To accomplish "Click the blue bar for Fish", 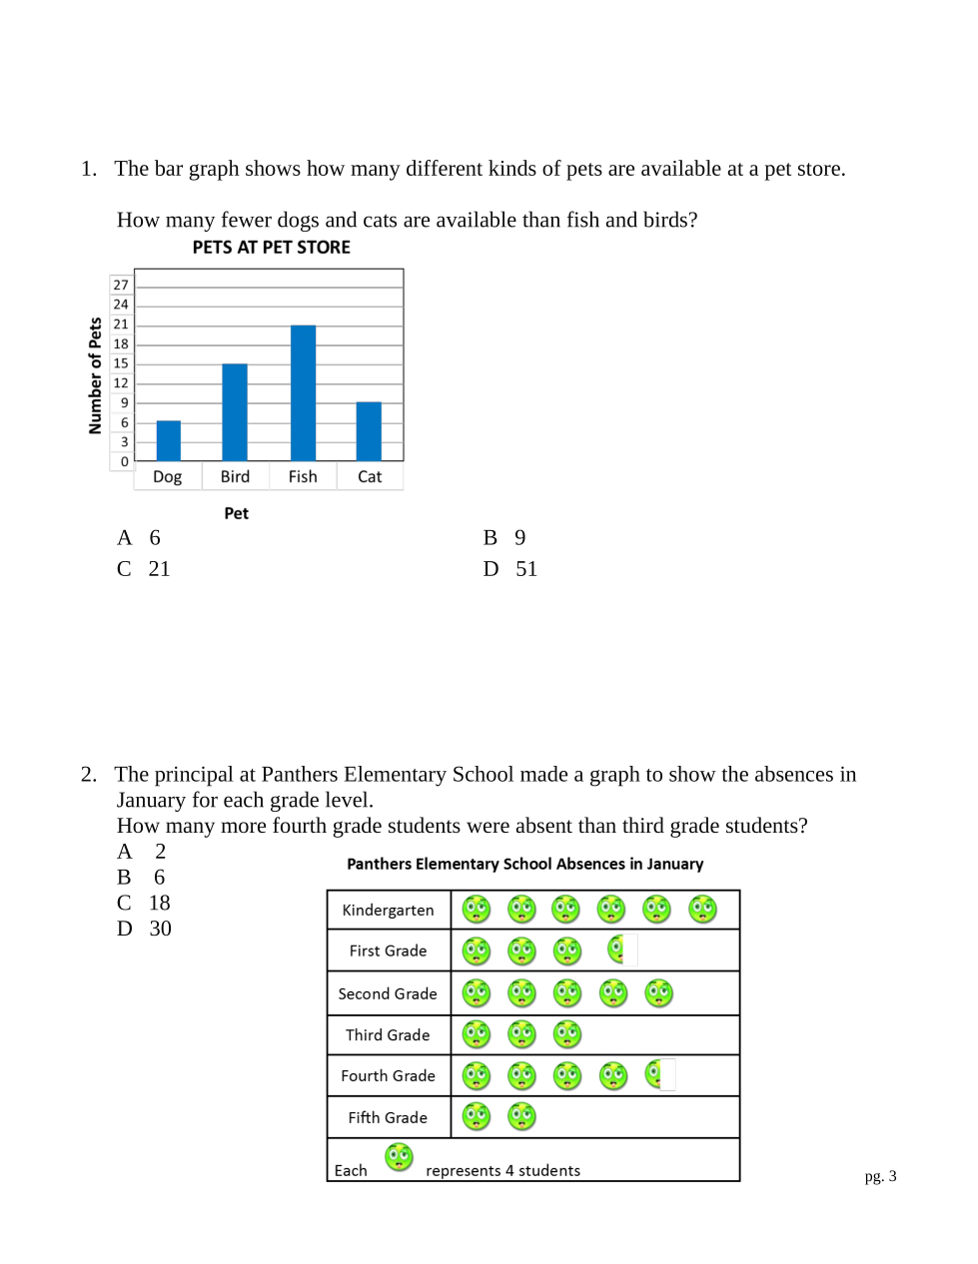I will pos(303,392).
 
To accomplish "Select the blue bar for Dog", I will pos(169,440).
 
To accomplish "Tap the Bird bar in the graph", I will pos(235,411).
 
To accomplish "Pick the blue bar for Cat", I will pos(369,430).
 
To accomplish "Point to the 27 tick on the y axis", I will pos(121,286).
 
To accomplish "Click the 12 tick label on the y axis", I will pos(121,383).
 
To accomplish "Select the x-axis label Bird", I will pos(236,477).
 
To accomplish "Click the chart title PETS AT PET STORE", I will pos(272,248).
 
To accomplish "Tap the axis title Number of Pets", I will pos(96,375).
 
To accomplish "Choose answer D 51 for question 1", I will pos(510,569).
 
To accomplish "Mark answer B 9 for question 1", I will pos(504,538).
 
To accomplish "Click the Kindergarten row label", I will pos(388,911).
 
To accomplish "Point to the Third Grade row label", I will pos(388,1035).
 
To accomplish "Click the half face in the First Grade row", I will pos(616,949).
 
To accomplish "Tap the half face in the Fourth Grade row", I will pos(654,1074).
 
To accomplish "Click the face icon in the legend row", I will pos(399,1157).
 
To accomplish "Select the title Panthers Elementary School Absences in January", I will pos(524,865).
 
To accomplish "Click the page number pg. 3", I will pos(880,1176).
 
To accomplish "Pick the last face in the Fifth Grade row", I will pos(521,1116).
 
